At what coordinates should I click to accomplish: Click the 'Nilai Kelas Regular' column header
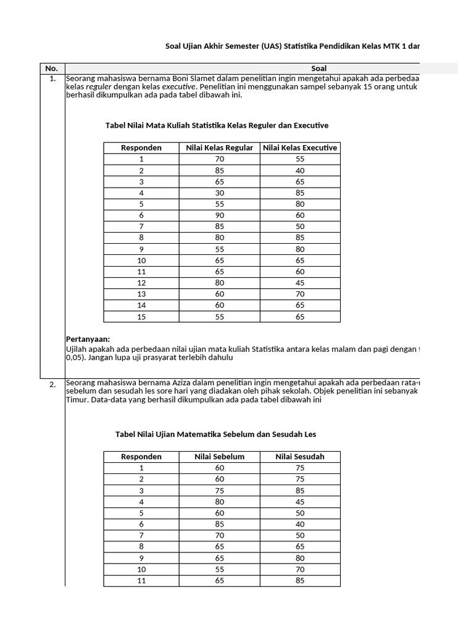coord(219,148)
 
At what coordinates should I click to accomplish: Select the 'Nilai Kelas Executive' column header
coord(300,148)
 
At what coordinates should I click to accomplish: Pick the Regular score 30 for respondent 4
coord(219,193)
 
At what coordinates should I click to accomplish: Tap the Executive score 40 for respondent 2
coord(300,170)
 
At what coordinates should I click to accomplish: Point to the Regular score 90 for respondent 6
coord(219,215)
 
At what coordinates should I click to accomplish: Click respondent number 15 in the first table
coord(141,317)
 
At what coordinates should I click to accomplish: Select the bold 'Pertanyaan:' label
coord(88,339)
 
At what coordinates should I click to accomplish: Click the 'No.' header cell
coord(52,69)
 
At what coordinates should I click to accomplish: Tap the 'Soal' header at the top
coord(319,69)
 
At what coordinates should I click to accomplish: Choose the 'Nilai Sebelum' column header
coord(219,457)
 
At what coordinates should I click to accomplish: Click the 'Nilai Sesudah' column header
coord(300,457)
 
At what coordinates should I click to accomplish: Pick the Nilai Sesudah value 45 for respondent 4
coord(300,502)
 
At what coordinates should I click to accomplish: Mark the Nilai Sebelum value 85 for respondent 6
coord(219,525)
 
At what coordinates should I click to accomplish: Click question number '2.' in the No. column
coord(52,385)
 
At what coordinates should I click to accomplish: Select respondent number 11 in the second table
coord(141,581)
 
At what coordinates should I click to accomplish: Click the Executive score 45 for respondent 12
coord(300,283)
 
